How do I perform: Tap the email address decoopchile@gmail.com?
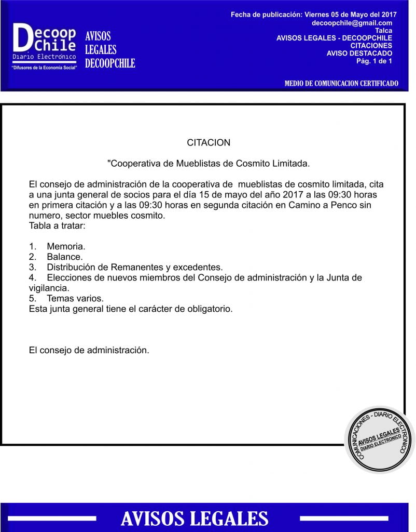coord(352,23)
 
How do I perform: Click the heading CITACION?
coord(209,142)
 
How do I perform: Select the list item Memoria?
coord(66,246)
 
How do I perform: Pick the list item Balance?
coord(64,257)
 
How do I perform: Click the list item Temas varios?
coord(75,298)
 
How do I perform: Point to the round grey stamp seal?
coord(380,440)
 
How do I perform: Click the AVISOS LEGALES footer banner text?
coord(195,518)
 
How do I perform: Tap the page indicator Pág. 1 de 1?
coord(373,61)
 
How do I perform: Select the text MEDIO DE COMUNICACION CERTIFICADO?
coord(341,83)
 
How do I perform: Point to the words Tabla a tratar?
coord(57,226)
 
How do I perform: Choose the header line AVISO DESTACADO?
coord(359,53)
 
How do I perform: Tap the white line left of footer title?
coord(52,518)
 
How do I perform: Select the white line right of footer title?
coord(344,518)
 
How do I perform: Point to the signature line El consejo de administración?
coord(89,350)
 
